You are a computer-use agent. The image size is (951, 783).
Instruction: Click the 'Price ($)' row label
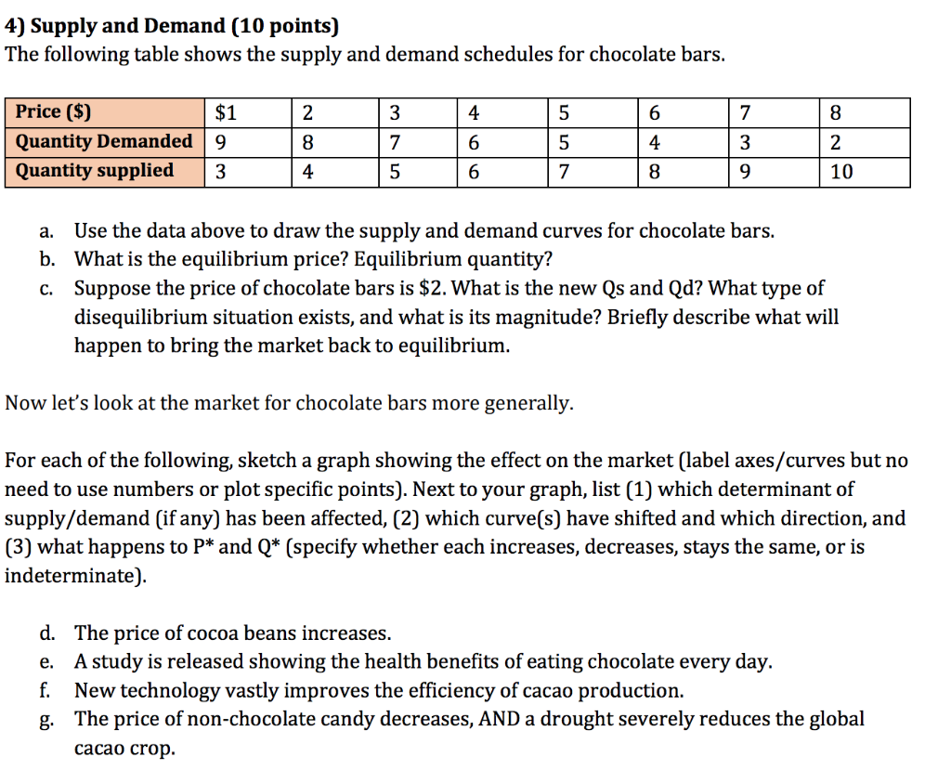(54, 113)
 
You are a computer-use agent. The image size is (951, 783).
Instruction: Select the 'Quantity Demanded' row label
(104, 141)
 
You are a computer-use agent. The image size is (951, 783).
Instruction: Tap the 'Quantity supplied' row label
(95, 170)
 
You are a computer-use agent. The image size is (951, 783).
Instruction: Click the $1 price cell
(226, 113)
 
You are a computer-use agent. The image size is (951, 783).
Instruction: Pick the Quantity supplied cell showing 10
(840, 172)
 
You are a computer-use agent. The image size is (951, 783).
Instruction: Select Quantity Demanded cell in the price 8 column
(835, 143)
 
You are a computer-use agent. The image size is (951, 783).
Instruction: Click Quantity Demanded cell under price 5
(564, 143)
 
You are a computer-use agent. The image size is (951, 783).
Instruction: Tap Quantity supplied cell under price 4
(474, 172)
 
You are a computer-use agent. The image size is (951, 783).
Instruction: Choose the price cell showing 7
(744, 113)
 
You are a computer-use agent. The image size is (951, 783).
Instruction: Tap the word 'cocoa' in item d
(213, 633)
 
